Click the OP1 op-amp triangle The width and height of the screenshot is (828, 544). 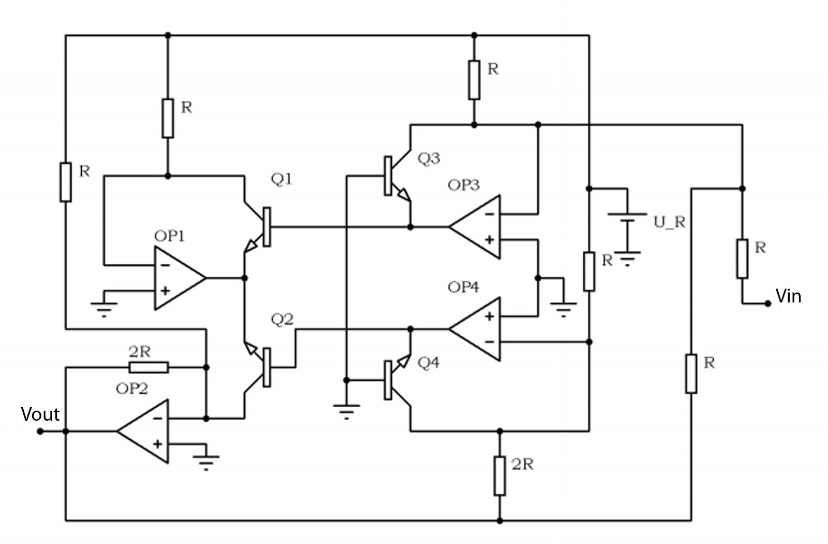[176, 278]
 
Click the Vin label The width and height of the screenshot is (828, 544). [788, 296]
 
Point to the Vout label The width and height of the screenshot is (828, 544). [40, 414]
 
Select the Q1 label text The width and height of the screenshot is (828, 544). [282, 179]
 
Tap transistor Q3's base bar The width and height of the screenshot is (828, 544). [388, 176]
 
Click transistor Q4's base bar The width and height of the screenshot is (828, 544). [388, 380]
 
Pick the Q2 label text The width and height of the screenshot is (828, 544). [282, 320]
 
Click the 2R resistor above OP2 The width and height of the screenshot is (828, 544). [149, 367]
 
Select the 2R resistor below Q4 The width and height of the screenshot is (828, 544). [499, 476]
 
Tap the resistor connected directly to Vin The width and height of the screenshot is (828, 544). [742, 259]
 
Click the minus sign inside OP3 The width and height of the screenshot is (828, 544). [490, 214]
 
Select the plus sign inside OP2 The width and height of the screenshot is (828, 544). [158, 444]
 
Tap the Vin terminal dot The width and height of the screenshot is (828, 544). [768, 304]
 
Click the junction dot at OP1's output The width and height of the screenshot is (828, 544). [245, 278]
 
